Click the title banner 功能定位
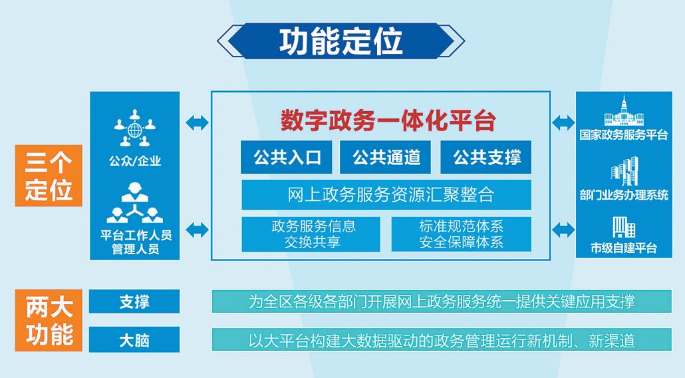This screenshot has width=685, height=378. [341, 41]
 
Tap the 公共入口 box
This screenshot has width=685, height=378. [287, 157]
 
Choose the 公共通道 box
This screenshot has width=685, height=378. [386, 157]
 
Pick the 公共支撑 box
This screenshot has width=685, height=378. [487, 157]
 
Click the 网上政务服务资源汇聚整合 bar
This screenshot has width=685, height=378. [386, 194]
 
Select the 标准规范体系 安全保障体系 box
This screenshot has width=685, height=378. [461, 234]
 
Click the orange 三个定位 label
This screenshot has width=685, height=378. [49, 176]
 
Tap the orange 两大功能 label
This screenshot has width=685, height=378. [49, 320]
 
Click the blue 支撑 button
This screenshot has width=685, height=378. [134, 301]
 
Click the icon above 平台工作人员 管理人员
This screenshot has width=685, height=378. [134, 204]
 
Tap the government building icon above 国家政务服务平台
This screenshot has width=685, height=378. [624, 111]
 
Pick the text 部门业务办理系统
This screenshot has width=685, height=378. [624, 195]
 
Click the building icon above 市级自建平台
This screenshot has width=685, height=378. [624, 227]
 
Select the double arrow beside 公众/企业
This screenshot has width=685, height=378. [197, 122]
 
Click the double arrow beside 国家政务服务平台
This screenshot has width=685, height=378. [563, 122]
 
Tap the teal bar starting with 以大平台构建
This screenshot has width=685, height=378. [442, 340]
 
